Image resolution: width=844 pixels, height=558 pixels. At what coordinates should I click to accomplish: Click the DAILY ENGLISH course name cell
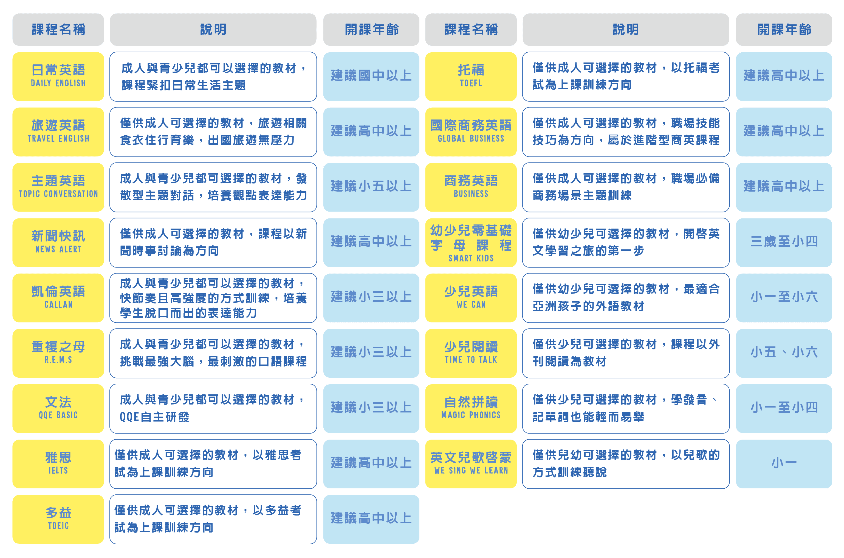(58, 76)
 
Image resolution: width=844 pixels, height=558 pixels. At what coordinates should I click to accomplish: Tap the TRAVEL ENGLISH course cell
(58, 132)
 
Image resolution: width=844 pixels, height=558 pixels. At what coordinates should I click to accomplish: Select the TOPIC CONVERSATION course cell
(58, 187)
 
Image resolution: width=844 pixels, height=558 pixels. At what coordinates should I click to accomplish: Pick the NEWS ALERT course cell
(58, 242)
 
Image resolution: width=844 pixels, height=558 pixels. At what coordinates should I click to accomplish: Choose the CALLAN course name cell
(58, 298)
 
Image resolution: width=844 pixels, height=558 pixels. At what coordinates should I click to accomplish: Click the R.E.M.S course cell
(58, 353)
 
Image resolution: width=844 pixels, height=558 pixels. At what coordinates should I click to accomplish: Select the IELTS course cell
(58, 464)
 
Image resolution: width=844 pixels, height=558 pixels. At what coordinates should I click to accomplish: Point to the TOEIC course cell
(58, 519)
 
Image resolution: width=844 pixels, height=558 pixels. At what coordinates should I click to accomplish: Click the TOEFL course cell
(471, 76)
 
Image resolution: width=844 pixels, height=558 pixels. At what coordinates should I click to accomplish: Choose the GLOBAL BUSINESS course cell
(471, 132)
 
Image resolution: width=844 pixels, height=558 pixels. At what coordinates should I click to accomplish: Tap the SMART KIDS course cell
(471, 242)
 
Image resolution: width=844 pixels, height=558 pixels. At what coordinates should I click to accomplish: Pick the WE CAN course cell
(471, 298)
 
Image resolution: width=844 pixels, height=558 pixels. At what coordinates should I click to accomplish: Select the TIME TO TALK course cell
(471, 353)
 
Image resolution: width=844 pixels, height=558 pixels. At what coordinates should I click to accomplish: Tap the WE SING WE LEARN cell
(471, 464)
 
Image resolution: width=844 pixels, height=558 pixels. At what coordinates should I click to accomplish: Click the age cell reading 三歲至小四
(784, 242)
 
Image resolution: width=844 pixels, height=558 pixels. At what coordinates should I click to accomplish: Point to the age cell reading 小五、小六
(784, 353)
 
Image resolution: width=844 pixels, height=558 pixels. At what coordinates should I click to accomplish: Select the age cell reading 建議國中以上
(371, 76)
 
